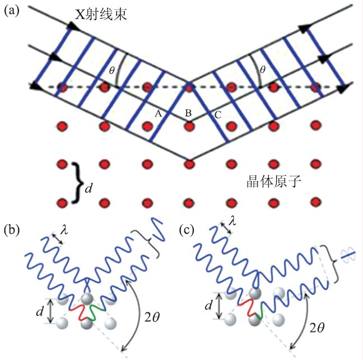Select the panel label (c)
click(x=187, y=230)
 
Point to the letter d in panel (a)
click(x=88, y=189)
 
